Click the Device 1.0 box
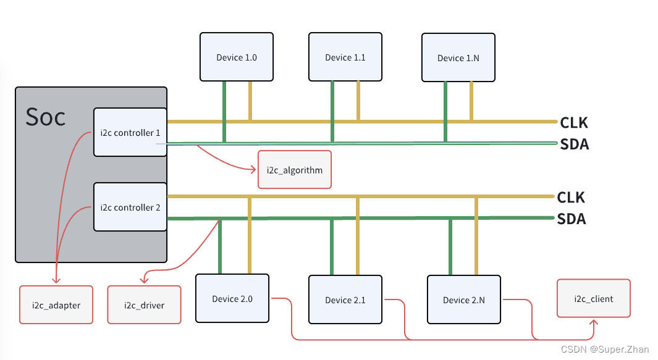point(237,57)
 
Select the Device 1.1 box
point(345,57)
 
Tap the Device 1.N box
point(458,57)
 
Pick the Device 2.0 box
point(232,299)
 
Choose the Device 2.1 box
point(345,299)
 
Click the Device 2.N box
point(464,299)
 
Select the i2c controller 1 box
point(130,132)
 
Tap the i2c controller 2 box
point(130,207)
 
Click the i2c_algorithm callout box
point(295,169)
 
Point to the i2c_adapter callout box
point(56,305)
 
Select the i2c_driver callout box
point(144,305)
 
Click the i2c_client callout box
point(594,298)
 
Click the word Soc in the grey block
point(46,116)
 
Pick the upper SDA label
point(575,144)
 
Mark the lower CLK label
point(571,197)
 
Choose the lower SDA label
point(572,219)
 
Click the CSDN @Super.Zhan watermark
point(605,349)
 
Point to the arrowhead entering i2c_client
point(594,322)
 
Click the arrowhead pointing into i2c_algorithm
point(253,169)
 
